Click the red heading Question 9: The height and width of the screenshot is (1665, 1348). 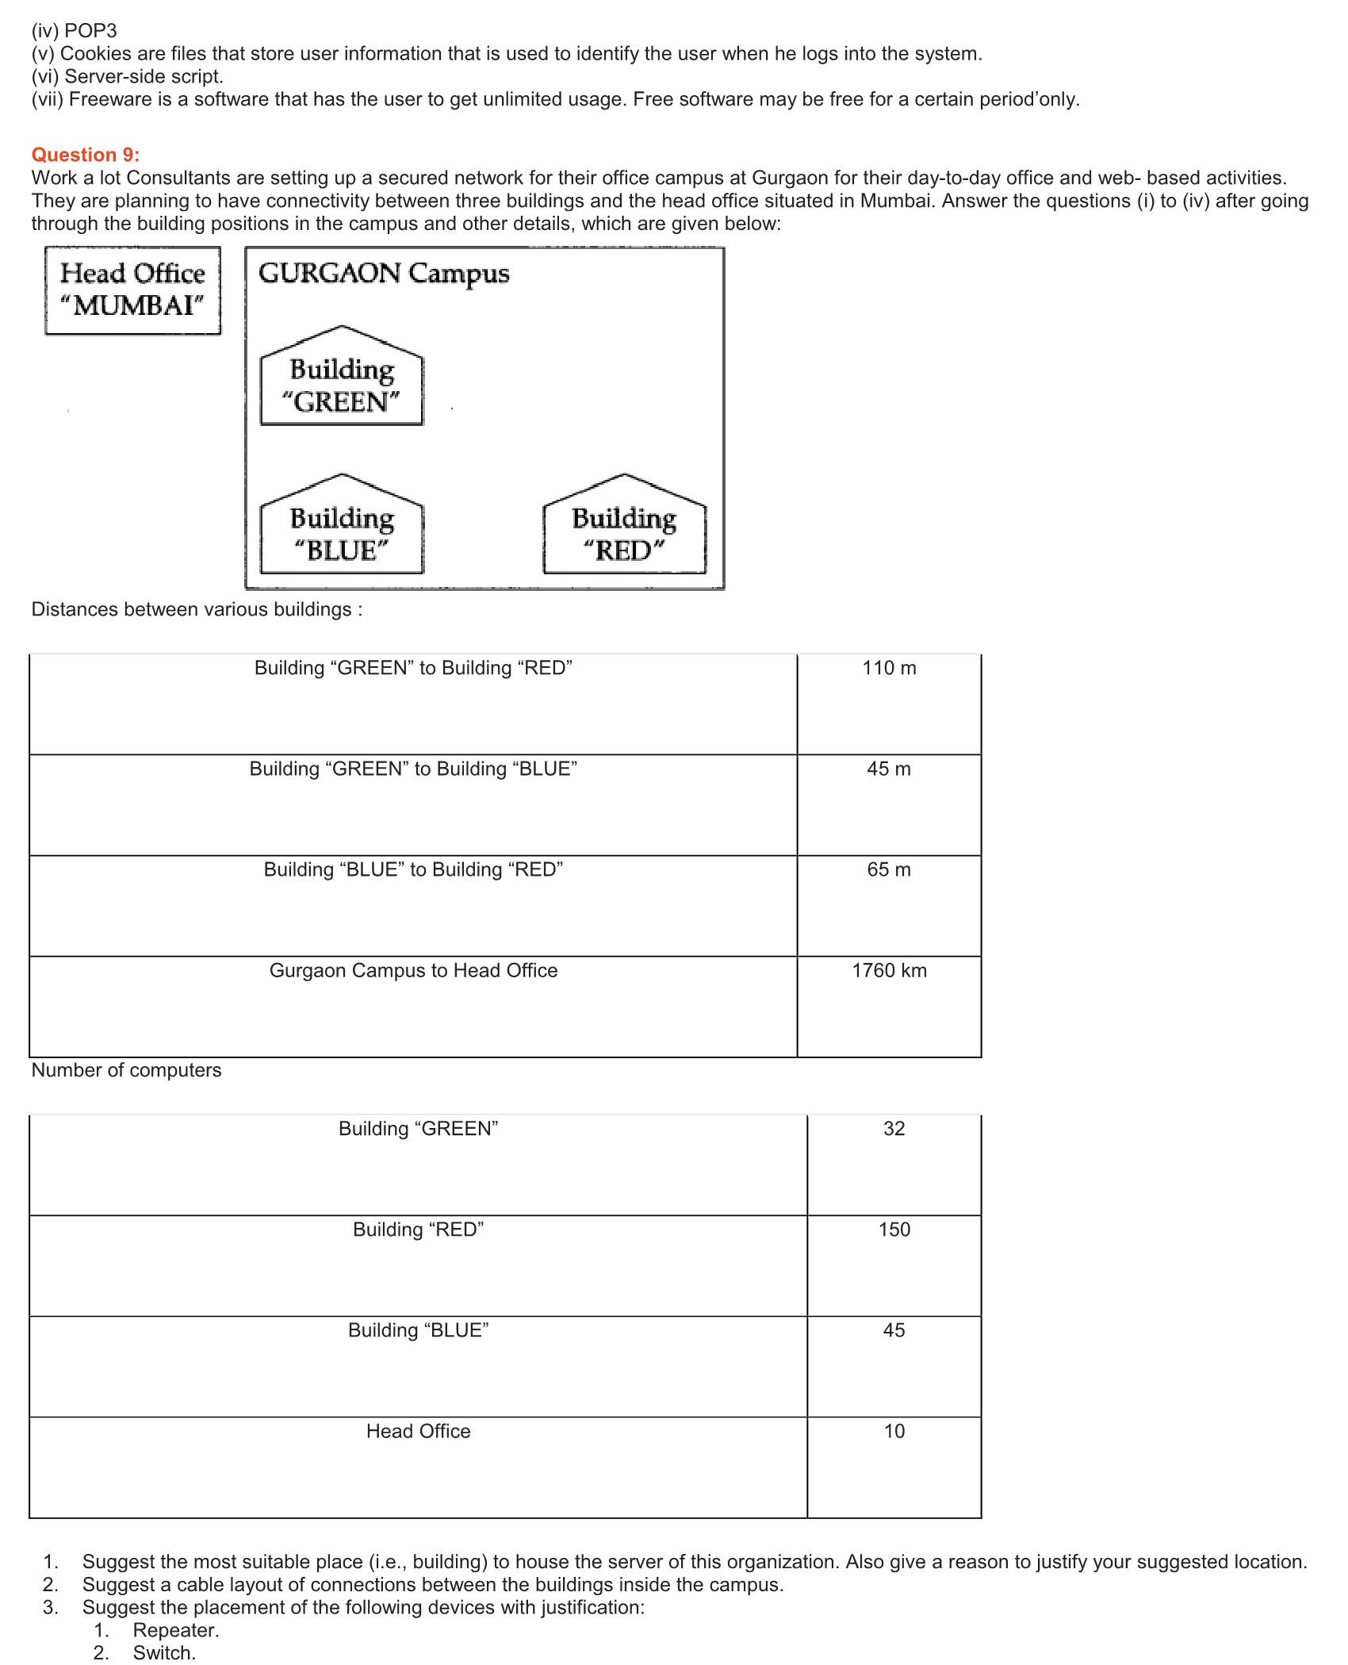tap(85, 155)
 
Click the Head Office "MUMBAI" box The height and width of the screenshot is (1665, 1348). tap(132, 290)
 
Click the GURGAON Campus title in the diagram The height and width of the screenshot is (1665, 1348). tap(384, 274)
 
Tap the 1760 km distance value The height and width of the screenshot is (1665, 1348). tap(889, 970)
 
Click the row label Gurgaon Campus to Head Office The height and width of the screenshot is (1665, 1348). tap(413, 970)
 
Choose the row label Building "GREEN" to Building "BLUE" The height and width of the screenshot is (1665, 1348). tap(413, 769)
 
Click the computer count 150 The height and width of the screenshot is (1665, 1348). tap(894, 1230)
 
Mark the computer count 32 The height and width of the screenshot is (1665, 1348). tap(894, 1129)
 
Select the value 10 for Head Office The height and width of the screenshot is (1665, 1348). tap(894, 1431)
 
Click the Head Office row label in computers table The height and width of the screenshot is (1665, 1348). tap(418, 1431)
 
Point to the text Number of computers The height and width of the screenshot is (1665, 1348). tap(126, 1070)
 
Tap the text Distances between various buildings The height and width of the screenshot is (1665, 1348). tap(196, 609)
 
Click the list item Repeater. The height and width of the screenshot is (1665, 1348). tap(175, 1630)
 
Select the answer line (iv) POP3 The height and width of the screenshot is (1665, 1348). tap(74, 31)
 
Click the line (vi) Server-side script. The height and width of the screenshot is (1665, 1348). tap(127, 76)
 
